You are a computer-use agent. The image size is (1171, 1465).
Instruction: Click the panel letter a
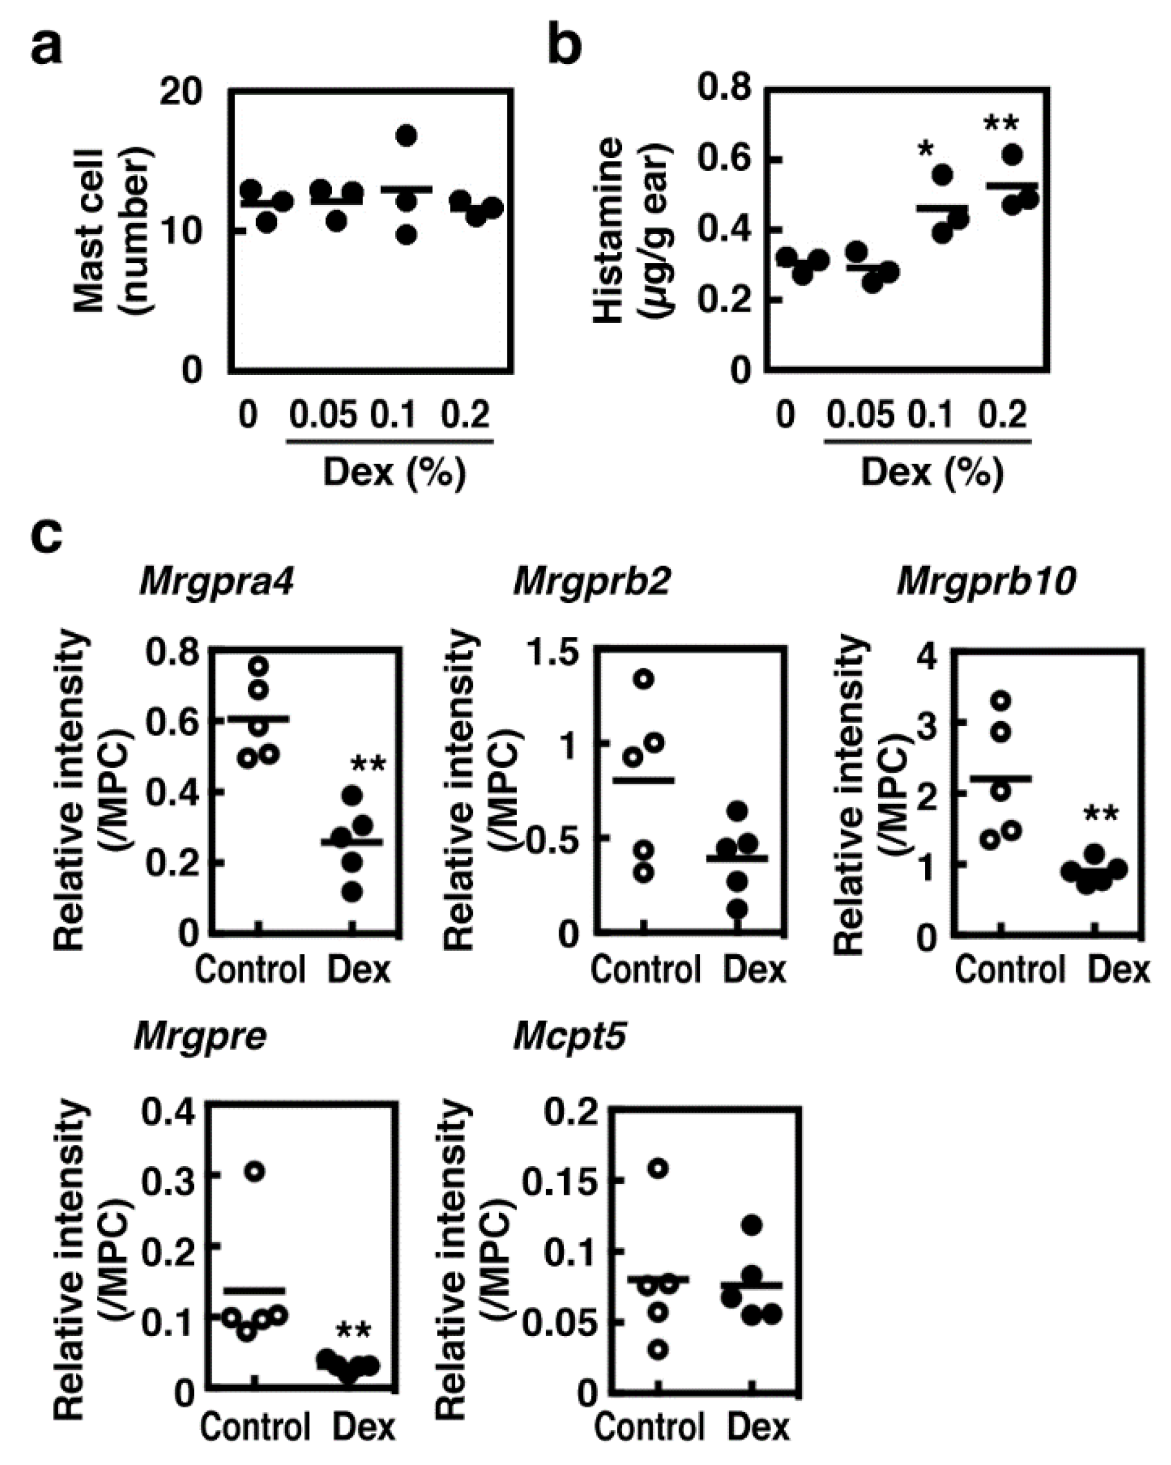tap(46, 47)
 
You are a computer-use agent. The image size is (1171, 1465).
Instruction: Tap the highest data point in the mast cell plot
tap(406, 136)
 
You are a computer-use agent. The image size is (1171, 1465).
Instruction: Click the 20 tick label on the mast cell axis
tap(181, 91)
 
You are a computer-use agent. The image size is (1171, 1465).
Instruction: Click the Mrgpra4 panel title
tap(216, 582)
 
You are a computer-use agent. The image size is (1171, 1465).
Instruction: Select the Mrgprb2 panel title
tap(591, 582)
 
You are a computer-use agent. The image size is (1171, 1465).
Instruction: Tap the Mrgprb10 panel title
tap(986, 582)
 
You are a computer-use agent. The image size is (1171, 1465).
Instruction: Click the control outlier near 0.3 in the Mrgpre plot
tap(254, 1172)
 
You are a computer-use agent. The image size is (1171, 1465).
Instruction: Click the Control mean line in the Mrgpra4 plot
tap(258, 718)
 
